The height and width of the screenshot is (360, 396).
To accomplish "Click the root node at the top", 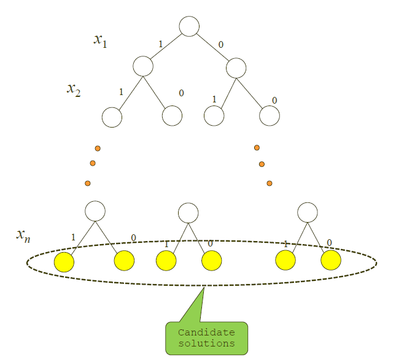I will click(x=189, y=26).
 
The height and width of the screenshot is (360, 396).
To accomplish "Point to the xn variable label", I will click(x=23, y=235).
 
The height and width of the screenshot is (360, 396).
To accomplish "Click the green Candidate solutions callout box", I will click(x=207, y=338).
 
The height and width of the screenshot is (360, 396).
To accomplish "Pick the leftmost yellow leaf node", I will click(x=64, y=262).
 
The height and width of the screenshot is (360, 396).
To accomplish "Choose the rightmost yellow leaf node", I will click(x=331, y=261).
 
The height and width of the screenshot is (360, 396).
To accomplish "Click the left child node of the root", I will click(x=142, y=66).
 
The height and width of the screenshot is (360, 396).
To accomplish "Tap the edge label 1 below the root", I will click(x=161, y=45).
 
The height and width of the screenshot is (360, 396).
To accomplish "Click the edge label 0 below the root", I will click(x=221, y=44).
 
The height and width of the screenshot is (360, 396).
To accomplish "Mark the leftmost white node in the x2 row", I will click(x=112, y=117).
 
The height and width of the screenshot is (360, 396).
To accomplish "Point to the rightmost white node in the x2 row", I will click(x=270, y=115).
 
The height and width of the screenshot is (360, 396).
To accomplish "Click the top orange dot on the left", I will click(x=97, y=148).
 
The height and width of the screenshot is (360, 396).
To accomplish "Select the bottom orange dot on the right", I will click(x=269, y=183).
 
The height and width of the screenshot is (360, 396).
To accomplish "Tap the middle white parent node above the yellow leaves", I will click(x=188, y=213).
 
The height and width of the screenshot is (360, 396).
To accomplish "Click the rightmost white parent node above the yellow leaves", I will click(x=308, y=212).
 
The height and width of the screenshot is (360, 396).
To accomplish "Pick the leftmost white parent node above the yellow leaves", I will click(x=95, y=211).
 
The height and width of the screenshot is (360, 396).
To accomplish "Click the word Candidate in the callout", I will click(x=206, y=332).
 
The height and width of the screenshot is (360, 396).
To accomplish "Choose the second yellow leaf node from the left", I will click(x=124, y=261).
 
